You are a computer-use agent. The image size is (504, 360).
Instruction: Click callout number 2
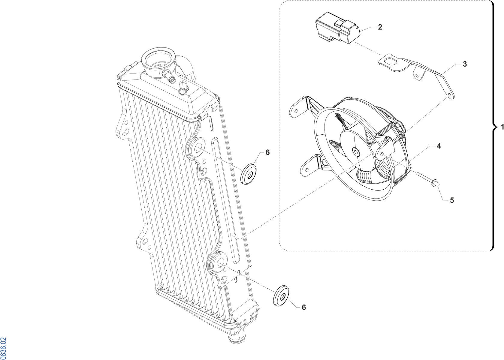380,27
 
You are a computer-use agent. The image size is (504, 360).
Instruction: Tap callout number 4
439,146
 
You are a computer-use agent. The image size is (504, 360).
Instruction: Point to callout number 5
452,200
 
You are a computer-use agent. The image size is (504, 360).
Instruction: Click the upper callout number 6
267,152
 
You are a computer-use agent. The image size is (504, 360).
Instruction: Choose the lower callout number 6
304,307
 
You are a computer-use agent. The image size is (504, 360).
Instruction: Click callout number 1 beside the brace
502,127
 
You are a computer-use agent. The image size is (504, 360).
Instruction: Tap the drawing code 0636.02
4,347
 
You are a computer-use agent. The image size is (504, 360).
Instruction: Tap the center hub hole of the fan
356,152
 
